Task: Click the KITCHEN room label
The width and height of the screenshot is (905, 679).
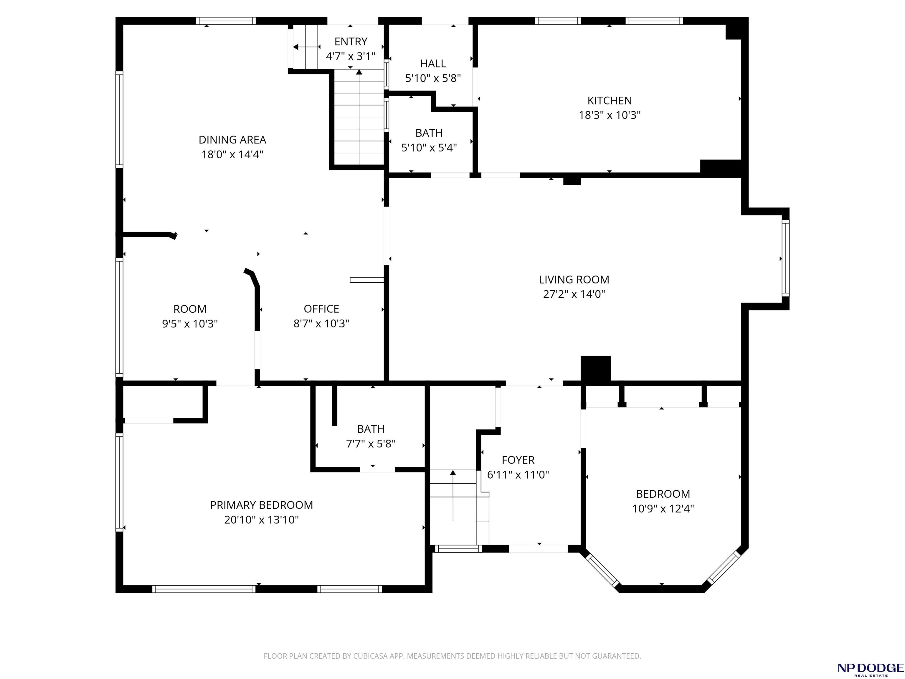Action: click(x=609, y=101)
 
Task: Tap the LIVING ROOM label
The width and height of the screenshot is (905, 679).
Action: click(x=574, y=280)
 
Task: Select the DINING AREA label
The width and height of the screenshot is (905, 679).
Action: click(x=232, y=140)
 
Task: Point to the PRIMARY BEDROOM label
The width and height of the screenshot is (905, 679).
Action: click(x=261, y=505)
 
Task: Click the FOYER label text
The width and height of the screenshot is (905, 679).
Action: click(x=518, y=460)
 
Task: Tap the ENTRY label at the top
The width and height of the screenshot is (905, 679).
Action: click(x=351, y=42)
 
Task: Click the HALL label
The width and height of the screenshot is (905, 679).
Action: click(x=433, y=64)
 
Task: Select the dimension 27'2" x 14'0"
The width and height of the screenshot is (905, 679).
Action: click(x=574, y=294)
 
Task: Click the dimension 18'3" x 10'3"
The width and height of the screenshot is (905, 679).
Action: click(x=609, y=115)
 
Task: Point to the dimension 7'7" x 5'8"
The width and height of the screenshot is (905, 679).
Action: click(x=371, y=444)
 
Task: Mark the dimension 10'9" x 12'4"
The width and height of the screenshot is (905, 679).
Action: click(x=663, y=509)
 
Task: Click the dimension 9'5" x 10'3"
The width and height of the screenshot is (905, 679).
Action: click(x=190, y=324)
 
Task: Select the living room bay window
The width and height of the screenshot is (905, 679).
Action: click(x=785, y=258)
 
